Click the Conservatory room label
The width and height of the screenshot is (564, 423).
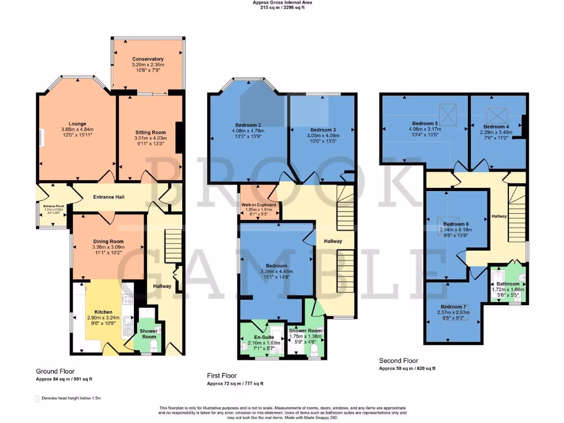pyautogui.click(x=148, y=59)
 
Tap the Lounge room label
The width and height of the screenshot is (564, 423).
pyautogui.click(x=77, y=123)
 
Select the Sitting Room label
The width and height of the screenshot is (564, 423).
pyautogui.click(x=150, y=132)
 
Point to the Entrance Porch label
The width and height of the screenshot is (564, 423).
pyautogui.click(x=53, y=205)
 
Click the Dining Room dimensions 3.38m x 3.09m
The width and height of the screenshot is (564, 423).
pyautogui.click(x=108, y=248)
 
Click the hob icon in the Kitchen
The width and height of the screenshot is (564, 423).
pyautogui.click(x=127, y=299)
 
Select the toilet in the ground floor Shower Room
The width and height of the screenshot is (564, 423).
pyautogui.click(x=153, y=346)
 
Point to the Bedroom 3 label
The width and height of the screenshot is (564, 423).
pyautogui.click(x=319, y=130)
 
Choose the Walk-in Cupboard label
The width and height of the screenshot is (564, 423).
pyautogui.click(x=259, y=205)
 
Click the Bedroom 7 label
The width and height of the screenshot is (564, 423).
pyautogui.click(x=454, y=306)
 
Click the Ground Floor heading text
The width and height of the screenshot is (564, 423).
pyautogui.click(x=55, y=371)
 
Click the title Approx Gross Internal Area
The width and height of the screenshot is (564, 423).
pyautogui.click(x=281, y=2)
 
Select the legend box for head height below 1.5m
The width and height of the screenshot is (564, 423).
pyautogui.click(x=37, y=398)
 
